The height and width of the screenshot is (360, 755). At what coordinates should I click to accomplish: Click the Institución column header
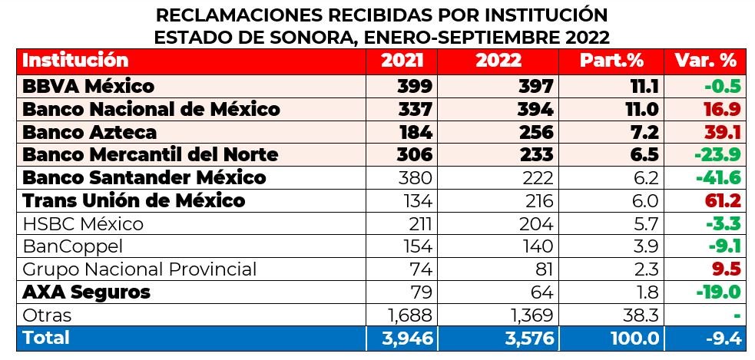tap(75, 60)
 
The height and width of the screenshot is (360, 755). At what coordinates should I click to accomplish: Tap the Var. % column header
tap(705, 60)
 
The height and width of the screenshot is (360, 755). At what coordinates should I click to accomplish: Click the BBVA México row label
tap(88, 86)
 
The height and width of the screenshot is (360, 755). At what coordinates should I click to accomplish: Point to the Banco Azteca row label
tap(90, 132)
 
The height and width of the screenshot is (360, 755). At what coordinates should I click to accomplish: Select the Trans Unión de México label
tap(134, 201)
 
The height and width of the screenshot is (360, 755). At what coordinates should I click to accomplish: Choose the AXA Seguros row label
tap(86, 292)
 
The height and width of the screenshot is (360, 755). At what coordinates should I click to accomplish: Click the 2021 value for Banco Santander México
tap(416, 178)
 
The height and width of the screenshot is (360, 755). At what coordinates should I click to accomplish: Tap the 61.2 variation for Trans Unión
tap(723, 201)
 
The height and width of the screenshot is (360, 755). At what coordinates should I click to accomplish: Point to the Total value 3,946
tap(404, 339)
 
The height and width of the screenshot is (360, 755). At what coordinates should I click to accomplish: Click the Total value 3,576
tap(524, 339)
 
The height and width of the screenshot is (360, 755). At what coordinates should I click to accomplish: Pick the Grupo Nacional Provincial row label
tap(139, 270)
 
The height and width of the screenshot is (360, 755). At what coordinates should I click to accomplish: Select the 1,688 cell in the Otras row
tap(407, 315)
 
